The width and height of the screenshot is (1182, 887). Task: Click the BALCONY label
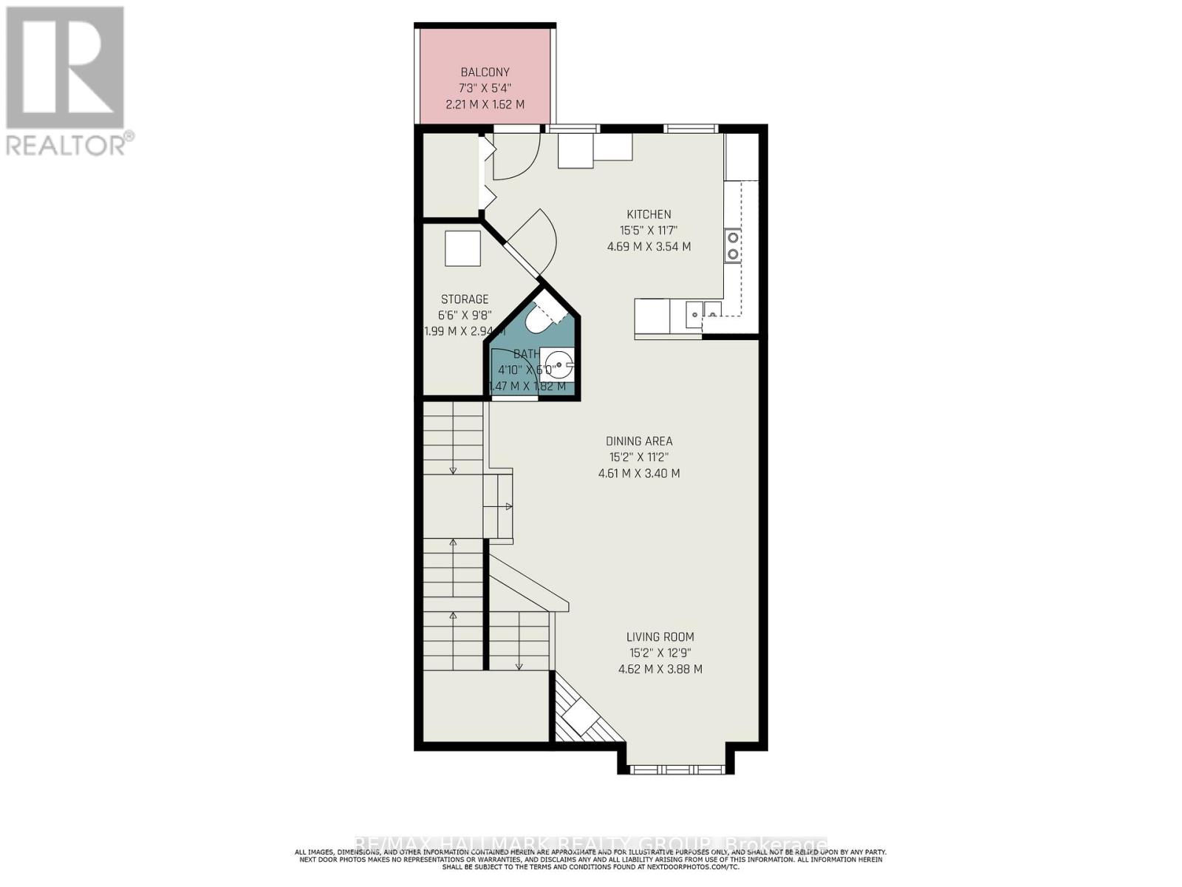pyautogui.click(x=485, y=72)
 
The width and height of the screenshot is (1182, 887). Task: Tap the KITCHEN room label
pyautogui.click(x=649, y=214)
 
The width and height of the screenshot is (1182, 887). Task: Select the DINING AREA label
pyautogui.click(x=639, y=441)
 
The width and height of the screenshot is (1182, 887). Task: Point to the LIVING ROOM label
pyautogui.click(x=660, y=636)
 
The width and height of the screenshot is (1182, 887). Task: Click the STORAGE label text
pyautogui.click(x=465, y=299)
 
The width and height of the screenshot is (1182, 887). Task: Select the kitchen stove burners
pyautogui.click(x=733, y=245)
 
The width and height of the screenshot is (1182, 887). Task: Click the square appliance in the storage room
pyautogui.click(x=462, y=248)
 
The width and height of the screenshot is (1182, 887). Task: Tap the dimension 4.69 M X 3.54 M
pyautogui.click(x=649, y=247)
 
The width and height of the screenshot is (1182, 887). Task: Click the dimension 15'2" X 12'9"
pyautogui.click(x=660, y=653)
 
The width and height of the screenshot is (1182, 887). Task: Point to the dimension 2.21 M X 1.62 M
pyautogui.click(x=485, y=105)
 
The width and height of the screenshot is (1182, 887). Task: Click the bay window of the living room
pyautogui.click(x=676, y=769)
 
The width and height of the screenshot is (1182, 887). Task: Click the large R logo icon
pyautogui.click(x=65, y=68)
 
